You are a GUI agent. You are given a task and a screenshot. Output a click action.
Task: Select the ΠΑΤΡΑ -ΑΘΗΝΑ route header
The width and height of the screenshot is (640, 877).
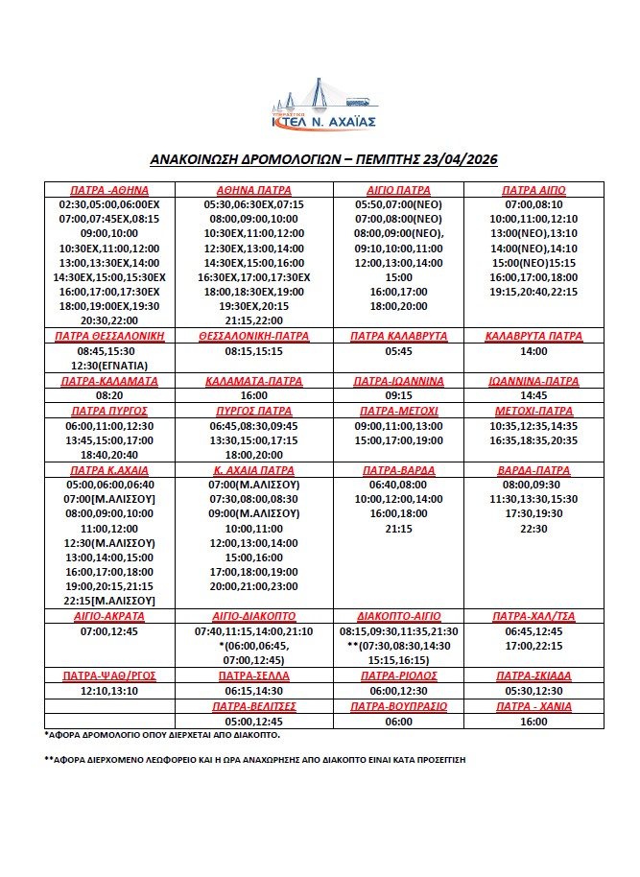[x=108, y=190]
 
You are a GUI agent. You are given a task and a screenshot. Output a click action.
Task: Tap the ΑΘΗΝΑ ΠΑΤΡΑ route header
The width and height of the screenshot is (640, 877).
[x=254, y=190]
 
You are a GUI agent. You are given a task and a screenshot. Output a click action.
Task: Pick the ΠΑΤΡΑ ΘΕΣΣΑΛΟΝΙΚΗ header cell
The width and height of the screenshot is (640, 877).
[x=108, y=336]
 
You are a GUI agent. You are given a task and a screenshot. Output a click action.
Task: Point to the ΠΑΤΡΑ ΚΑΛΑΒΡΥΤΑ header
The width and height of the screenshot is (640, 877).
[x=397, y=336]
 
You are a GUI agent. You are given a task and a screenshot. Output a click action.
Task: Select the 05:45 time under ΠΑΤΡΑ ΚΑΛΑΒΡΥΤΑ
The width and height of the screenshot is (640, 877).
[x=397, y=351]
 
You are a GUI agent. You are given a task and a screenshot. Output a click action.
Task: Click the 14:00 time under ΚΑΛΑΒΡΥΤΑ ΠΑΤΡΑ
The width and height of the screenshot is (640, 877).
[x=533, y=351]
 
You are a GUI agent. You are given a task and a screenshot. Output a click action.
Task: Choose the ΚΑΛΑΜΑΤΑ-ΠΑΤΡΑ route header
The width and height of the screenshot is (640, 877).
[x=254, y=381]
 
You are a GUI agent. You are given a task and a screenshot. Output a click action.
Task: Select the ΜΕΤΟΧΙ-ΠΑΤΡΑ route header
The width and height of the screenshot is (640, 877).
[x=533, y=411]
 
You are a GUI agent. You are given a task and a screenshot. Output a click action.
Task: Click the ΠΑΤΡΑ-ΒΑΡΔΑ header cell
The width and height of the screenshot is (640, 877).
[x=397, y=471]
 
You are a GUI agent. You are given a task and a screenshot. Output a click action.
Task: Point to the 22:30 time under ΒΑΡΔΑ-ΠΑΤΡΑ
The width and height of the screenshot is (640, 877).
[x=533, y=529]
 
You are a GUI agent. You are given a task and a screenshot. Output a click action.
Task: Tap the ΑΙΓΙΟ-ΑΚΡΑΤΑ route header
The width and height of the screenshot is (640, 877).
[x=108, y=615]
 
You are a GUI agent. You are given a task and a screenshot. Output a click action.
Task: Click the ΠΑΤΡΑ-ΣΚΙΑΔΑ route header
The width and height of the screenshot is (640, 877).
[x=533, y=676]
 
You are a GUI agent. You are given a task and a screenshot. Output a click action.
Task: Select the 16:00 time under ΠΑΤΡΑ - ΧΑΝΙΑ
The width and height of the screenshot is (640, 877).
[x=533, y=721]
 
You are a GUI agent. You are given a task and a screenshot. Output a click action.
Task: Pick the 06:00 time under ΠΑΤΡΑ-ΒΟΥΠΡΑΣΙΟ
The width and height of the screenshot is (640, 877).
[x=397, y=721]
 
